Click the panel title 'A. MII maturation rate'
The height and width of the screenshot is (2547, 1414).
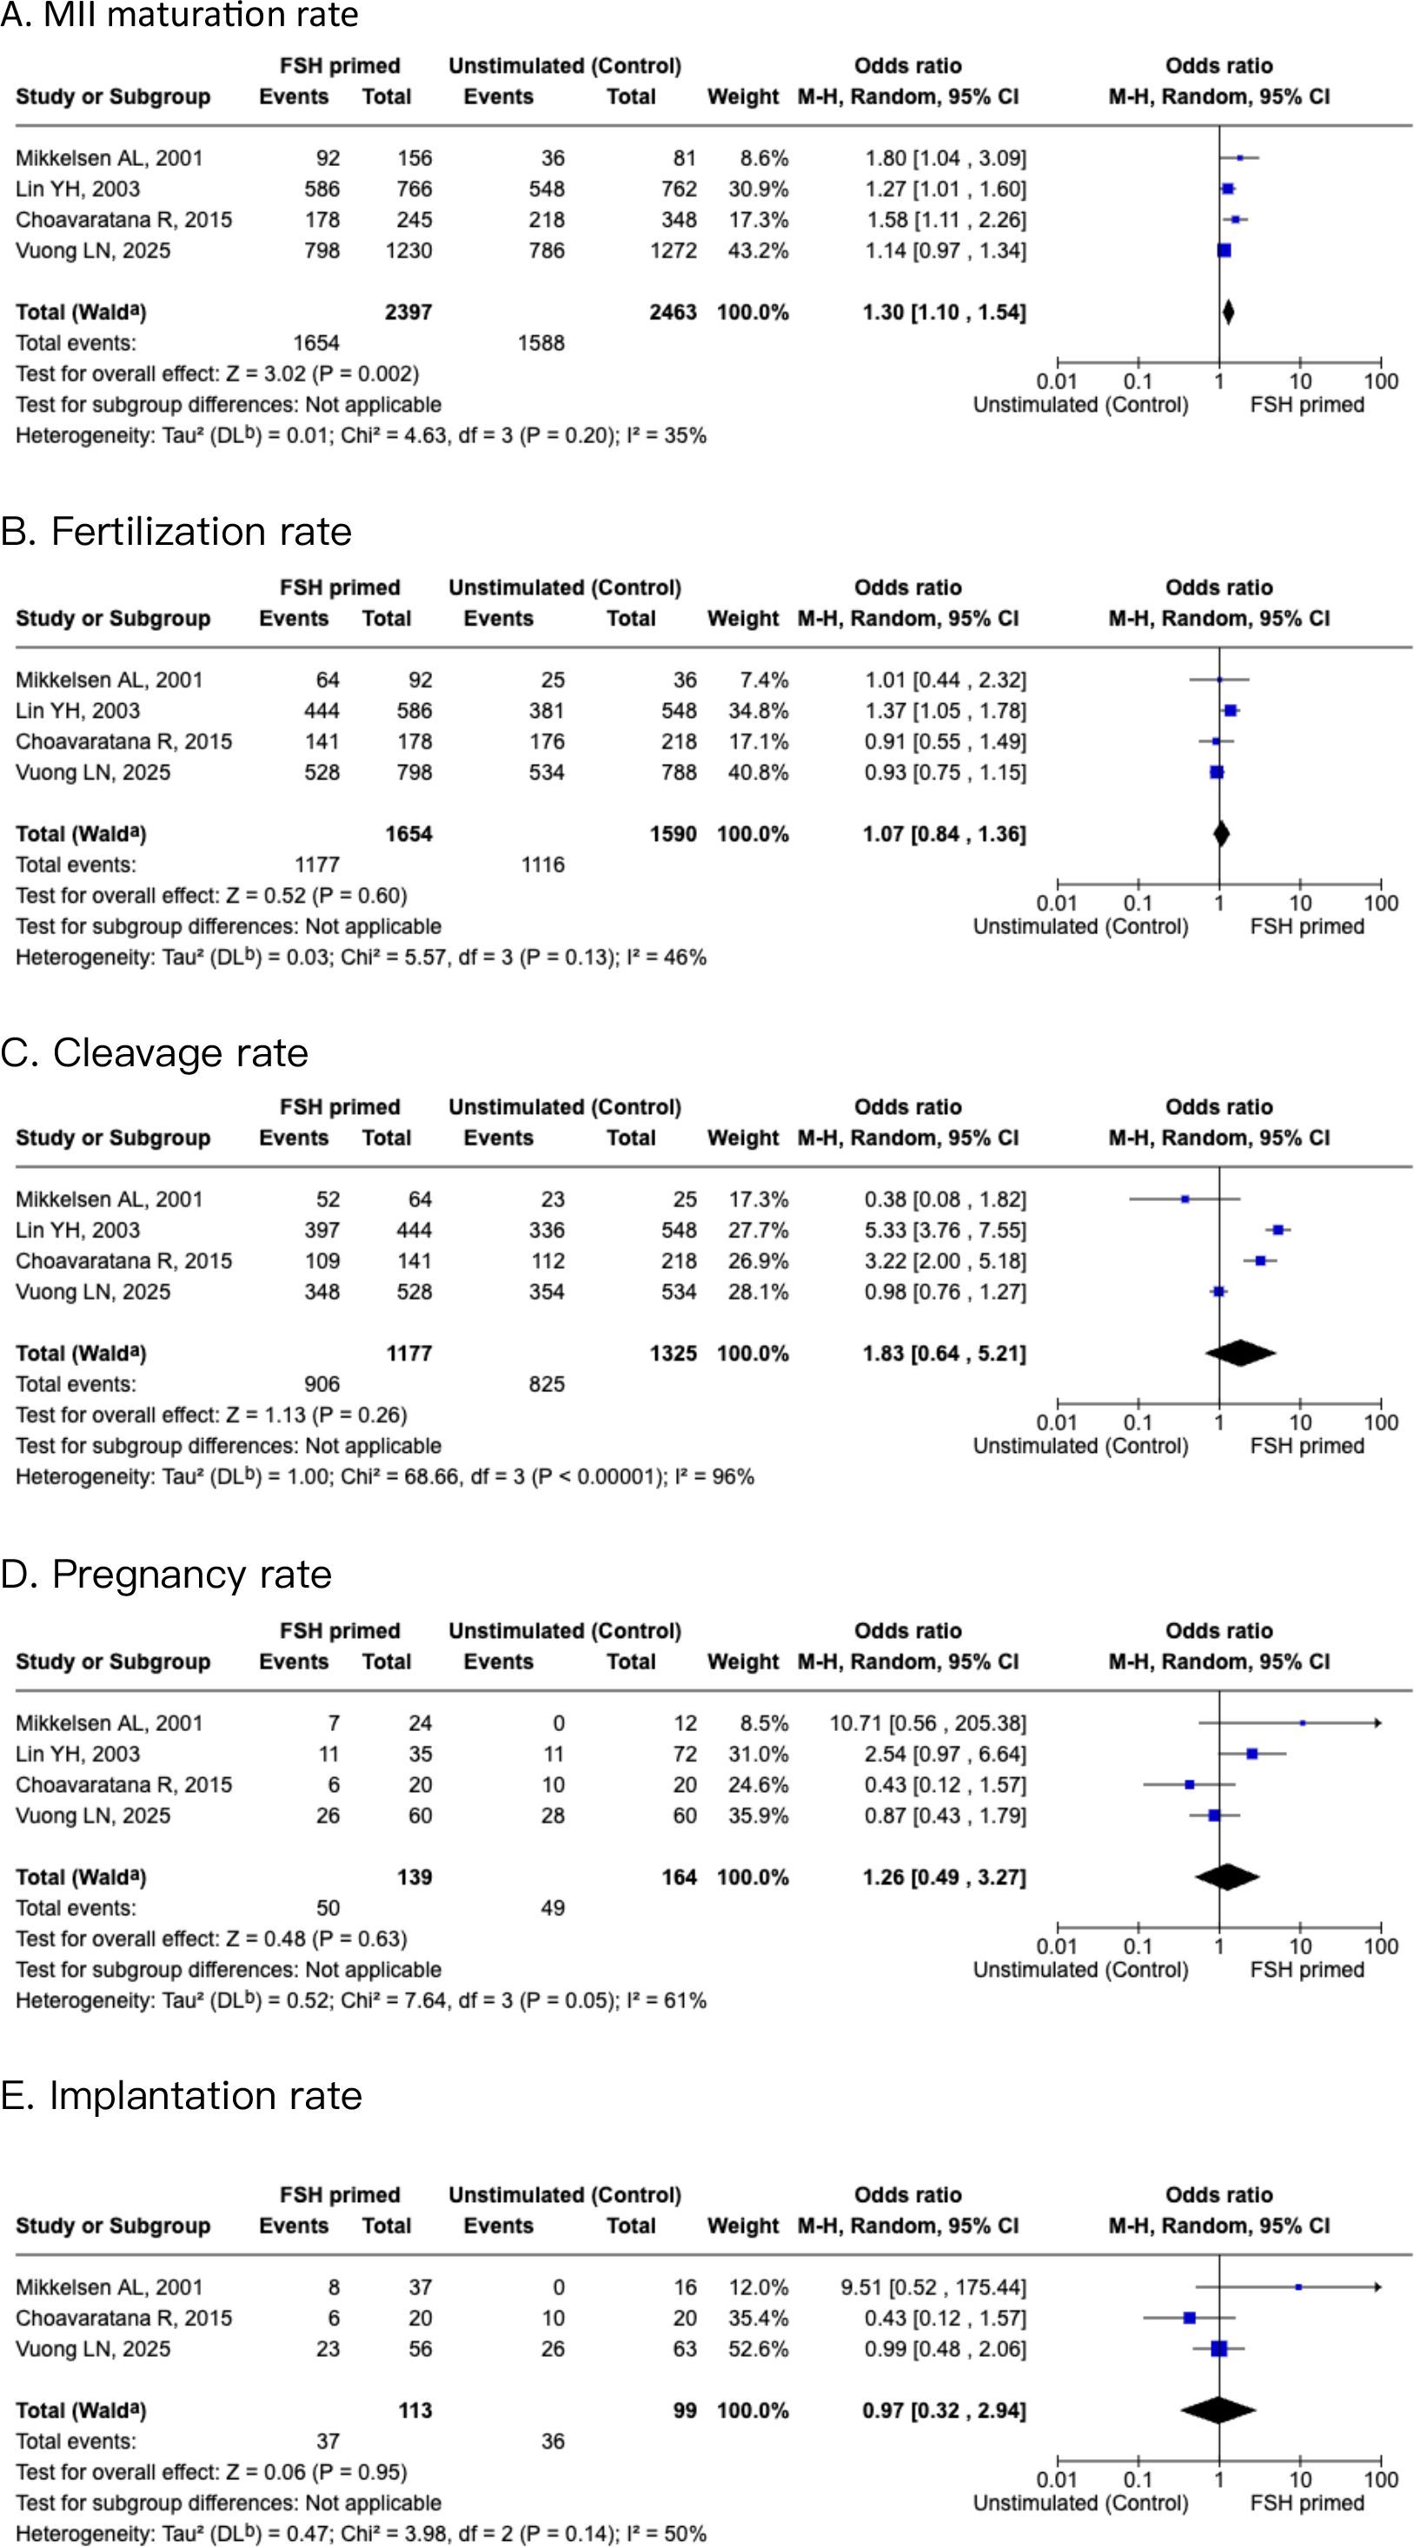(179, 15)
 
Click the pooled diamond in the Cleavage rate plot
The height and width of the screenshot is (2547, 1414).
(1240, 1354)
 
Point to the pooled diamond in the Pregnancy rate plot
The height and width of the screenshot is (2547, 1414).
(1226, 1877)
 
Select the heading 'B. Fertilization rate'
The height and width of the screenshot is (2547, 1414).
(176, 532)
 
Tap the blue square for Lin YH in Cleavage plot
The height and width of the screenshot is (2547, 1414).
(1278, 1230)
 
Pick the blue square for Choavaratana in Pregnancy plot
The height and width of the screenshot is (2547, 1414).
(1190, 1785)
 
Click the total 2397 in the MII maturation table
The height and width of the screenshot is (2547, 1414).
(408, 313)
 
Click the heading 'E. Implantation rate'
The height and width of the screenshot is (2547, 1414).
(181, 2095)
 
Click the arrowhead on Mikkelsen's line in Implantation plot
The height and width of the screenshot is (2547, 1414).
(1377, 2287)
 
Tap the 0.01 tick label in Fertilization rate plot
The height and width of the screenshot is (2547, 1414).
(1056, 903)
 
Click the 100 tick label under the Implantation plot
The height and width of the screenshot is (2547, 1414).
(1380, 2480)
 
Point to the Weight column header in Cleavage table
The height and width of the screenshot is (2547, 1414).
(742, 1138)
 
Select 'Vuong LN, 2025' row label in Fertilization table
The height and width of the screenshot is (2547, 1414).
(93, 773)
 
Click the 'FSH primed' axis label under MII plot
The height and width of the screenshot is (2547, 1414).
(1306, 404)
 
